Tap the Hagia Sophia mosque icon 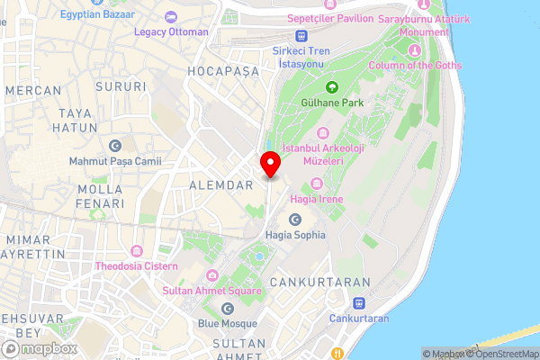click(294, 220)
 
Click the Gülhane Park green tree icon click(332, 87)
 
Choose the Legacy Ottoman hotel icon click(171, 16)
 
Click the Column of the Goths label click(417, 65)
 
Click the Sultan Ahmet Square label click(212, 291)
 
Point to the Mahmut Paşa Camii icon click(114, 146)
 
